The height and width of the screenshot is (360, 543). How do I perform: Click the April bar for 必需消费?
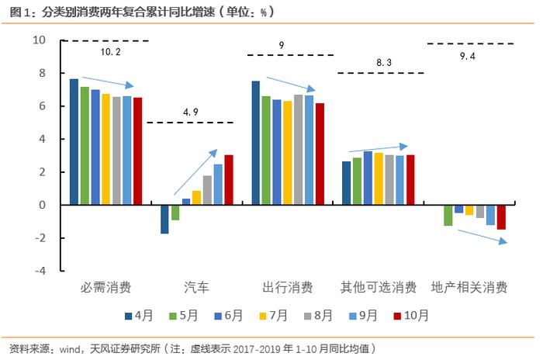74,142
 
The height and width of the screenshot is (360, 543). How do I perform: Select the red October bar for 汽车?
229,180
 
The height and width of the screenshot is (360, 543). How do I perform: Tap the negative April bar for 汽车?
164,220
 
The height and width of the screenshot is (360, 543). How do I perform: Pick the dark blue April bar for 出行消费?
255,143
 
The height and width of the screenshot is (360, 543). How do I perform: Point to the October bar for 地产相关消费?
501,217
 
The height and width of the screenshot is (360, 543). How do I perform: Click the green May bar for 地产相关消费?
448,216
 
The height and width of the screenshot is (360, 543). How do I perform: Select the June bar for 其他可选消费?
368,178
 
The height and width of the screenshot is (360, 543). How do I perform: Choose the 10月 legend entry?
411,315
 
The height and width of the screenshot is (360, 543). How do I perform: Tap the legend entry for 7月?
274,315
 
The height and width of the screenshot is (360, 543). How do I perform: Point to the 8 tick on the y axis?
42,73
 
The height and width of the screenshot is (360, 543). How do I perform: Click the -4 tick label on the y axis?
40,271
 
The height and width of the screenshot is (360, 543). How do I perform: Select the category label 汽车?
197,287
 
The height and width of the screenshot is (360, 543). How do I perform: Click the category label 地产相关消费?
469,287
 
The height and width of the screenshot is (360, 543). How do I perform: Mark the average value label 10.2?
110,52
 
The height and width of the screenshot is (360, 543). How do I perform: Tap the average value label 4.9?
191,112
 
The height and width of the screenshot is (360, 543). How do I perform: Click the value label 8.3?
384,62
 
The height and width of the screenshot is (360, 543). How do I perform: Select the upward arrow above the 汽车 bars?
195,172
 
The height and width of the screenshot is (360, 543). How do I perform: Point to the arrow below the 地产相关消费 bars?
482,237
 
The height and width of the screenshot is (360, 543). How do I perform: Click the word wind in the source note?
70,349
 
